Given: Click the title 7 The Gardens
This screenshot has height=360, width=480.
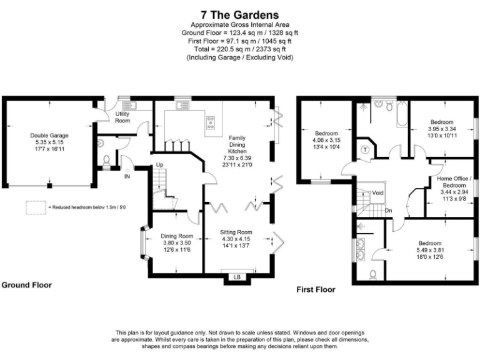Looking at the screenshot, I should [240, 14].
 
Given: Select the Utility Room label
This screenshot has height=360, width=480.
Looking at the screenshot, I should [122, 117].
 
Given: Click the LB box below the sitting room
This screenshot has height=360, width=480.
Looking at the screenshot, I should [237, 276].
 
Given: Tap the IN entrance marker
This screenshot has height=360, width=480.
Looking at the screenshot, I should [127, 177].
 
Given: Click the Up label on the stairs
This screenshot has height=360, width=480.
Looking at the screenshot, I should [159, 164].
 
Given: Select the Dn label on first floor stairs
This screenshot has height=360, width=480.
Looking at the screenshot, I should [388, 210].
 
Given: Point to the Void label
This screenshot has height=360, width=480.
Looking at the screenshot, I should [377, 193].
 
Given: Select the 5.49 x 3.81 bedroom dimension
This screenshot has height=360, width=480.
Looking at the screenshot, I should [430, 249].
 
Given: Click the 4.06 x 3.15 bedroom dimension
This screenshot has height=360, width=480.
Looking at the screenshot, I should [326, 140].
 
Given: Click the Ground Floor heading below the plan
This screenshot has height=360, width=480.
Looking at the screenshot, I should [26, 285].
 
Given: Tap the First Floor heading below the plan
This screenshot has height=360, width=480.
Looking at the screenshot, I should [316, 289].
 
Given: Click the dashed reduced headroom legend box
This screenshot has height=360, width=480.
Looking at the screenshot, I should [36, 207].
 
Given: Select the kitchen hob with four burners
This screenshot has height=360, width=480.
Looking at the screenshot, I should [211, 121].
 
